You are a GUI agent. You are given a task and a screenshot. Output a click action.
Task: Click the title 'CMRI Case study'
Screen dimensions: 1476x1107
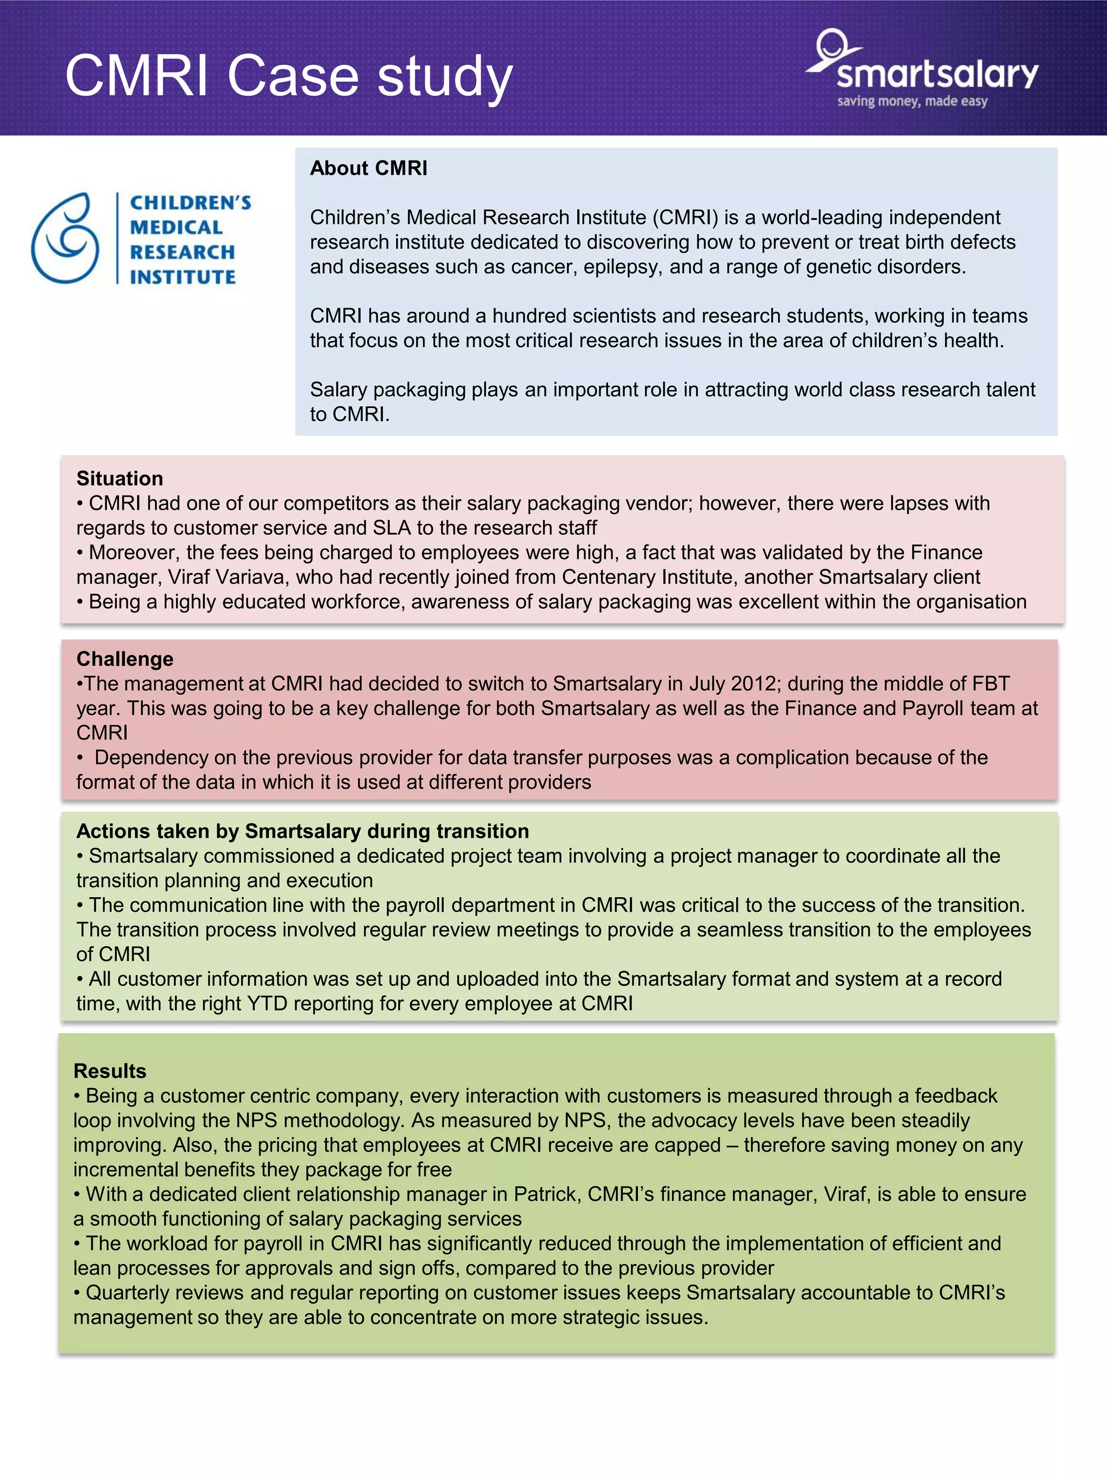288,76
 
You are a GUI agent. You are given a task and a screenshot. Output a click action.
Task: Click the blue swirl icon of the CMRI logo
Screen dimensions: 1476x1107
65,238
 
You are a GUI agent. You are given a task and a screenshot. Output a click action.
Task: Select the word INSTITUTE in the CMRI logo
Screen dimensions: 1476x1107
183,277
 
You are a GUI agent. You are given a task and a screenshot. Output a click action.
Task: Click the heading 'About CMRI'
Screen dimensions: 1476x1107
368,168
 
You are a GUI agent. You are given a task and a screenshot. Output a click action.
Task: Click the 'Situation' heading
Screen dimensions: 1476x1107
119,478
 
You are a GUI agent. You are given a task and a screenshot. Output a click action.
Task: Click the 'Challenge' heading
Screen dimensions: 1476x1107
125,659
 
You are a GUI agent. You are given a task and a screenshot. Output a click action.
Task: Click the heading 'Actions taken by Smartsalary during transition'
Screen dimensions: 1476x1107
302,831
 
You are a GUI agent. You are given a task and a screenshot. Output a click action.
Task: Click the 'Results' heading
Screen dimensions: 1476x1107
109,1071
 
